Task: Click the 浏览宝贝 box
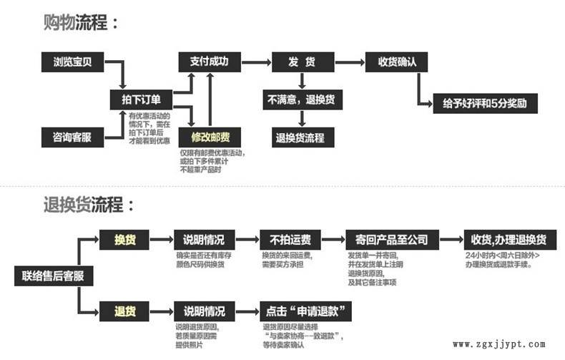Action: click(72, 62)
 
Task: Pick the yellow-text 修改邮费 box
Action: click(210, 137)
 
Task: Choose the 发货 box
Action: click(303, 62)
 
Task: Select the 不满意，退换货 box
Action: click(301, 99)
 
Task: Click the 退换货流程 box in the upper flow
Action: click(301, 137)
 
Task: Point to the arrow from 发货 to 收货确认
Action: click(349, 62)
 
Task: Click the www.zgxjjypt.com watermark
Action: click(499, 344)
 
